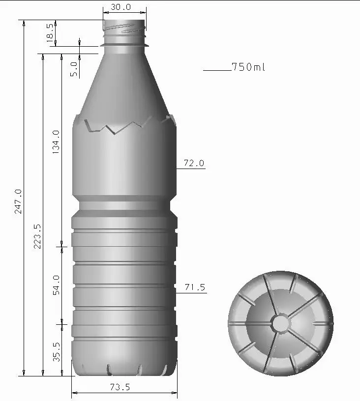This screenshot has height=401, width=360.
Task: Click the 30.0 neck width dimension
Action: [x=120, y=7]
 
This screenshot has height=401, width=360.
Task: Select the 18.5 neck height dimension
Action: [x=50, y=33]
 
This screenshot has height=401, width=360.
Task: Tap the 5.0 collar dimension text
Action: [x=73, y=69]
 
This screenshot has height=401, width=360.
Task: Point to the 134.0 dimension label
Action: [x=56, y=142]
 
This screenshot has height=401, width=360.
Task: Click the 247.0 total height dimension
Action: [x=18, y=201]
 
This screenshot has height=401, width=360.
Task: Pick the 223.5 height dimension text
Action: [x=37, y=236]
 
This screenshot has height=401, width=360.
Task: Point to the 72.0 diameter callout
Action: [x=194, y=163]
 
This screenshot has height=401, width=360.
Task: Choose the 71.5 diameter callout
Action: [x=195, y=287]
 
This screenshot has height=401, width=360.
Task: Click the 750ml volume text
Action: [x=248, y=67]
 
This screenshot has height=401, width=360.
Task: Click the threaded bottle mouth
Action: [x=124, y=29]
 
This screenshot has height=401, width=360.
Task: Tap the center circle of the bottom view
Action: [x=281, y=323]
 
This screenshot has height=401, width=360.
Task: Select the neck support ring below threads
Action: [x=124, y=45]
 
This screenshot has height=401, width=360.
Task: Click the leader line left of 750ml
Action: [x=216, y=71]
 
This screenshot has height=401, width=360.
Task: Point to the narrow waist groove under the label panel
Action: [x=124, y=205]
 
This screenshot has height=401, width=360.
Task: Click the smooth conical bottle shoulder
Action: [x=124, y=84]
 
